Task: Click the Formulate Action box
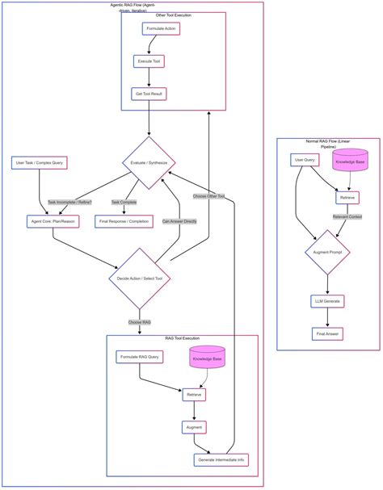coord(160,28)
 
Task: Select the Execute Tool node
coord(149,61)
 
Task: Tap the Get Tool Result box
coord(149,94)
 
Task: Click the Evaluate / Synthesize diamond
coord(149,163)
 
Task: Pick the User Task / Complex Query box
coord(39,163)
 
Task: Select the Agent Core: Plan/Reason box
coord(53,220)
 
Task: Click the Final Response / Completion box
coord(124,220)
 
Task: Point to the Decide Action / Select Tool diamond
coord(140,279)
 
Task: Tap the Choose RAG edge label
coord(140,322)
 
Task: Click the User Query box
coord(303,160)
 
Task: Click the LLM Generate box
coord(328,301)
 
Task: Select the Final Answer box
coord(327,333)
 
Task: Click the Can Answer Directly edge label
coord(178,220)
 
